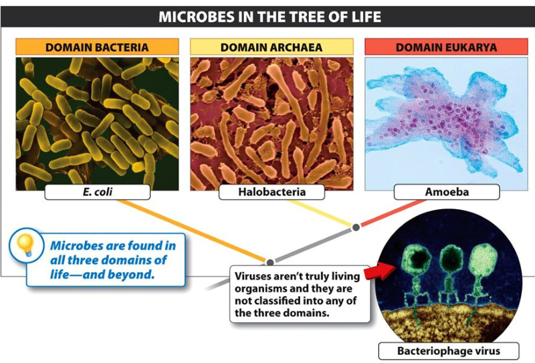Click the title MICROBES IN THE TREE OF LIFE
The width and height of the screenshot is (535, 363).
pos(270,17)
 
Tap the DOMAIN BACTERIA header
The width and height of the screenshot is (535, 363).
pos(97,47)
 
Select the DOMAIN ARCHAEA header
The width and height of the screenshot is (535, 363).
pos(272,47)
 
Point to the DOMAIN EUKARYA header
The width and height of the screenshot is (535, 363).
pos(446,47)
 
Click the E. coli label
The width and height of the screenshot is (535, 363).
pos(97,192)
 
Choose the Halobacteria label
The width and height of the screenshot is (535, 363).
pos(272,192)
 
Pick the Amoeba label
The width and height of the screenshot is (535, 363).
pos(447,192)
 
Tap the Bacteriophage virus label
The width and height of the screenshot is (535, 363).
pos(449,351)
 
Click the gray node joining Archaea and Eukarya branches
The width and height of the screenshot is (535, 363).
pos(356,227)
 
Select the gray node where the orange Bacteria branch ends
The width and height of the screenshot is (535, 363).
pos(270,262)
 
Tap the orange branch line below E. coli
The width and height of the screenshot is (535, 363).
pos(193,231)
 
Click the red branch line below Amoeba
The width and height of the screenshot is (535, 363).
pos(393,213)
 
